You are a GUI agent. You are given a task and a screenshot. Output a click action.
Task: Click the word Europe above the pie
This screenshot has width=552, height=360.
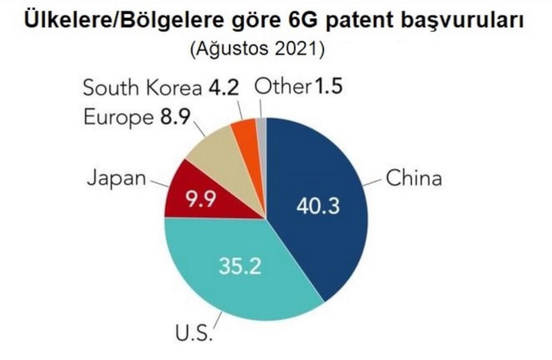[x=117, y=117]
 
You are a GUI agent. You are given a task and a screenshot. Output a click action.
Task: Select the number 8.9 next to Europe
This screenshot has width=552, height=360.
[x=175, y=117]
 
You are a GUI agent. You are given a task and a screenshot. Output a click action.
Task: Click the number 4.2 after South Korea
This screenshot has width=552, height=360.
[x=225, y=88]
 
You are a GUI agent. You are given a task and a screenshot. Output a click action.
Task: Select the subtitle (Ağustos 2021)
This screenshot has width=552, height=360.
[x=275, y=50]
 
